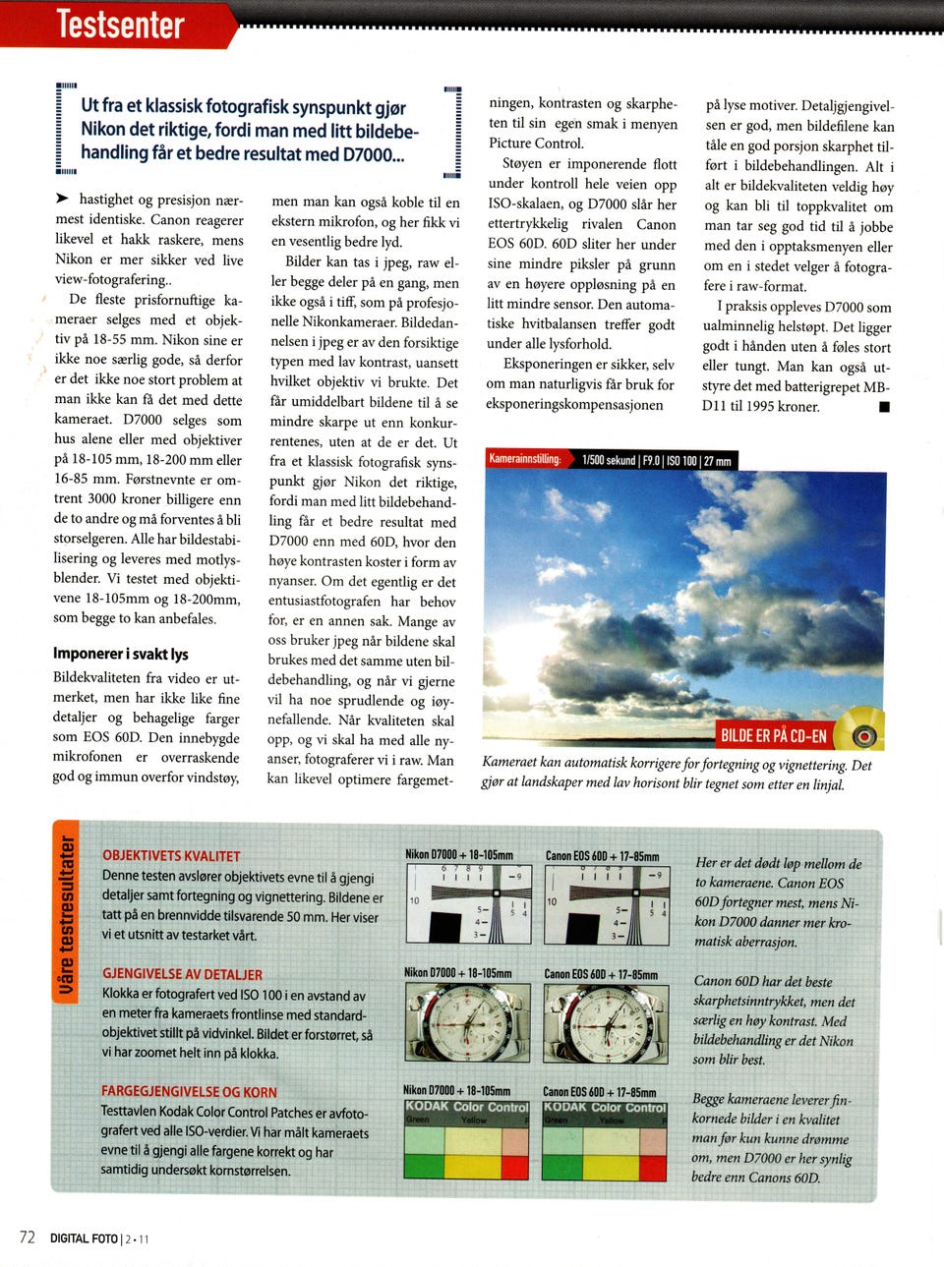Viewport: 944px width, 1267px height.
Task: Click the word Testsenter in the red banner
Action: tap(120, 24)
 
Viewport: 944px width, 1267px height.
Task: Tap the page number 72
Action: tap(28, 1237)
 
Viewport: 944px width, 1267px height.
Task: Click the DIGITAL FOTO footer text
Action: tap(85, 1238)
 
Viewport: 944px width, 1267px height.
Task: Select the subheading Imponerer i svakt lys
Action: tap(121, 654)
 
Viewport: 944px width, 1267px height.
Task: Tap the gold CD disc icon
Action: tap(862, 733)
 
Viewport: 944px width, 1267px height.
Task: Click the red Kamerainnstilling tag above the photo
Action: tap(525, 459)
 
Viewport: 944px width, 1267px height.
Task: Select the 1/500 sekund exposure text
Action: tap(609, 460)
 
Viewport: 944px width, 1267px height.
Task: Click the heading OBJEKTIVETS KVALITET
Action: tap(171, 856)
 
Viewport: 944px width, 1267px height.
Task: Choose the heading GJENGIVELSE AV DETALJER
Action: tap(182, 974)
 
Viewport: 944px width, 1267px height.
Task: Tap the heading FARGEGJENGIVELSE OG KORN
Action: tap(189, 1091)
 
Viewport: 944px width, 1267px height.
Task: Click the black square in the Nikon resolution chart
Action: tap(445, 927)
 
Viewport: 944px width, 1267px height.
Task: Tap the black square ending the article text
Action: tap(884, 407)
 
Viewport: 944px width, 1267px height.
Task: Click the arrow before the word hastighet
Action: tap(63, 198)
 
